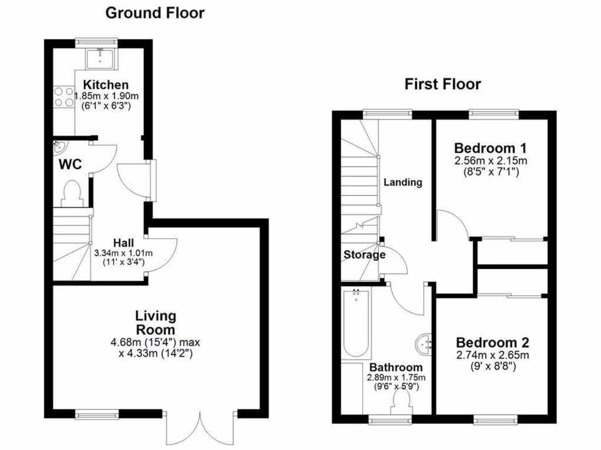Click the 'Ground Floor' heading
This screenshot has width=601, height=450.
155,13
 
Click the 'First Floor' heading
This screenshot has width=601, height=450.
443,84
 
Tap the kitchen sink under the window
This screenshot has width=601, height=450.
101,57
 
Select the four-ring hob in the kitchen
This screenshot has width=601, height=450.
62,97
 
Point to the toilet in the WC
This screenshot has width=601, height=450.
72,193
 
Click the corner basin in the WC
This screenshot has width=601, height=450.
59,146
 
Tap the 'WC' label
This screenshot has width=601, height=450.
69,165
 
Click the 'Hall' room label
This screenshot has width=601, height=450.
123,243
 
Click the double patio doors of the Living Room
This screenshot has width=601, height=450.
201,428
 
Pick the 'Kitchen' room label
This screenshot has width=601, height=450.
105,85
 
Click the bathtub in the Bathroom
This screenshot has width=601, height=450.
356,323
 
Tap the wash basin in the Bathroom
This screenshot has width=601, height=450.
424,344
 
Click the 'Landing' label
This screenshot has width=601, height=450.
403,182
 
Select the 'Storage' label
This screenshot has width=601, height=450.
364,255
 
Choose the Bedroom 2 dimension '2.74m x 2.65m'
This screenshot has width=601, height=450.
493,356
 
